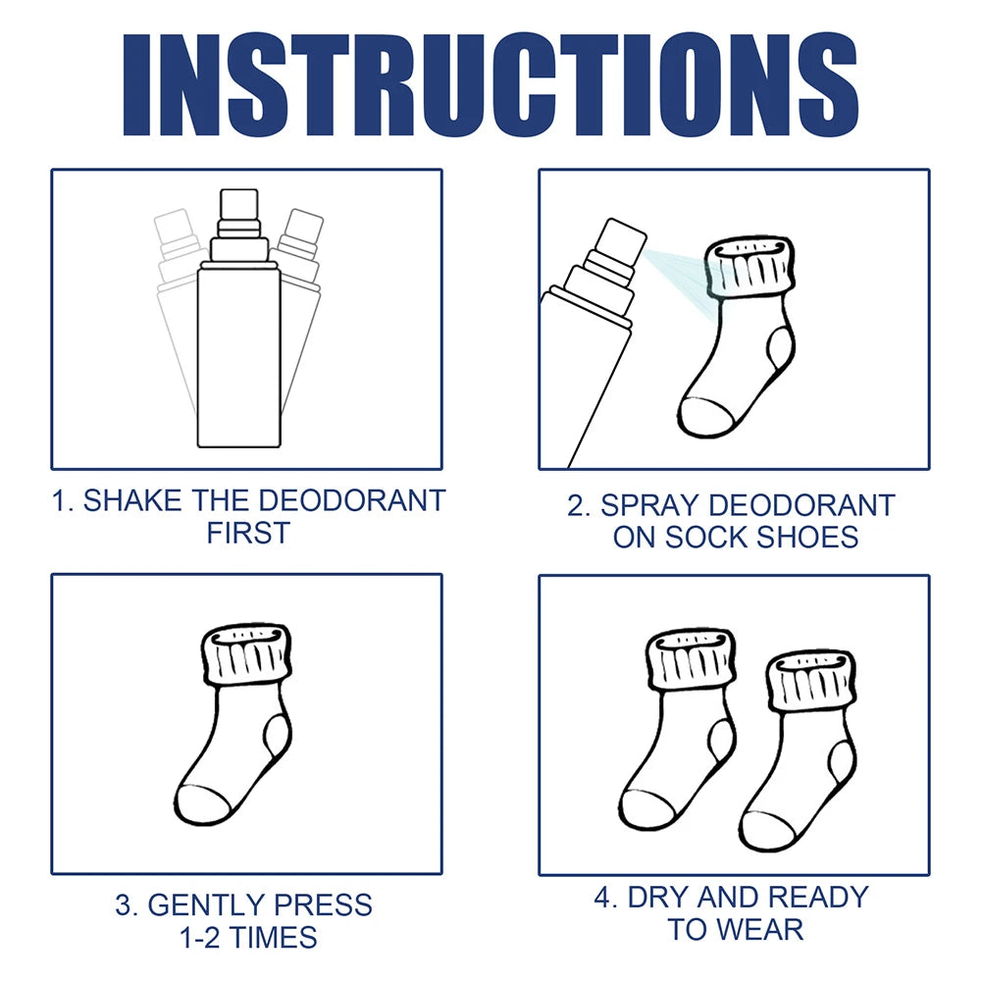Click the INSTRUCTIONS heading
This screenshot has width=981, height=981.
point(490,85)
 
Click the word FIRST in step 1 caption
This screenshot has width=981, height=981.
point(248,534)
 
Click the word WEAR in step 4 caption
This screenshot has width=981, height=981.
point(767,929)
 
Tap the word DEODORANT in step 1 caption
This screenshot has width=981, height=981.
point(351,500)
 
